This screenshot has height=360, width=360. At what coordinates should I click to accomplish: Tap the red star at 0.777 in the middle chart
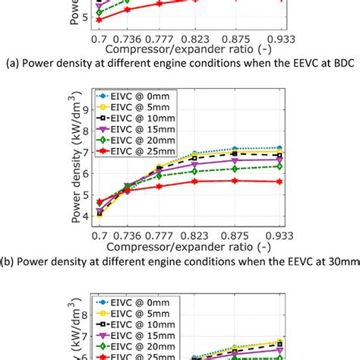pos(159,186)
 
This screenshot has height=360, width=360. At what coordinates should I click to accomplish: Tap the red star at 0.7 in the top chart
pos(99,19)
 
